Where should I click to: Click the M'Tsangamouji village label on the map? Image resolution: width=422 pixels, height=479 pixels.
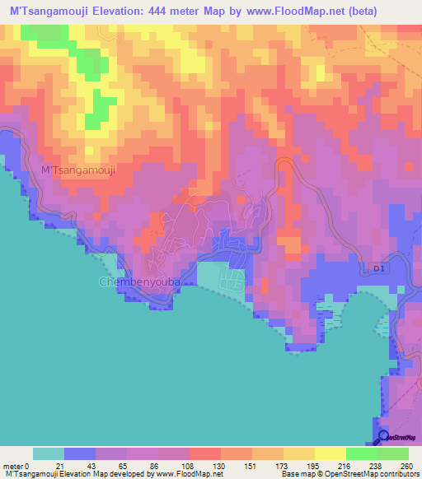click(x=79, y=170)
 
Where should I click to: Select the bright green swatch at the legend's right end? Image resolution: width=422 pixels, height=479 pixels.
click(x=392, y=453)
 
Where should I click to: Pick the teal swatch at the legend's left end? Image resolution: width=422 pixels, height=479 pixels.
click(x=48, y=453)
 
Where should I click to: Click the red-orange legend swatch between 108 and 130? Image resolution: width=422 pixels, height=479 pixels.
click(x=204, y=453)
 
